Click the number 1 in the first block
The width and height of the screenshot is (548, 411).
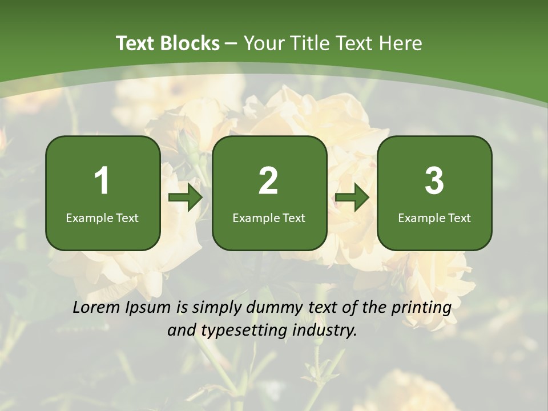(x=102, y=181)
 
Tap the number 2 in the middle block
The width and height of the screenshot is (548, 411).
(x=268, y=181)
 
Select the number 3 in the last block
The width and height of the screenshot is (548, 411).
(x=434, y=181)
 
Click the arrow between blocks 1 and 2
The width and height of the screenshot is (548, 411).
(x=186, y=198)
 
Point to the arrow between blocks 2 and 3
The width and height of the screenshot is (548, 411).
(x=352, y=198)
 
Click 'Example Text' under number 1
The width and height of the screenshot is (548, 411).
(x=102, y=217)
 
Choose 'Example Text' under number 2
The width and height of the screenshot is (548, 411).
(x=269, y=217)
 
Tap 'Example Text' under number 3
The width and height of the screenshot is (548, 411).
(x=434, y=217)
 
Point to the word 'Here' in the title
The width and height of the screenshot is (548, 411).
(x=401, y=43)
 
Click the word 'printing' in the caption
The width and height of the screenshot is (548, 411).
(x=421, y=308)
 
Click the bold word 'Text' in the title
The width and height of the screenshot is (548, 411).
(x=136, y=43)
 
